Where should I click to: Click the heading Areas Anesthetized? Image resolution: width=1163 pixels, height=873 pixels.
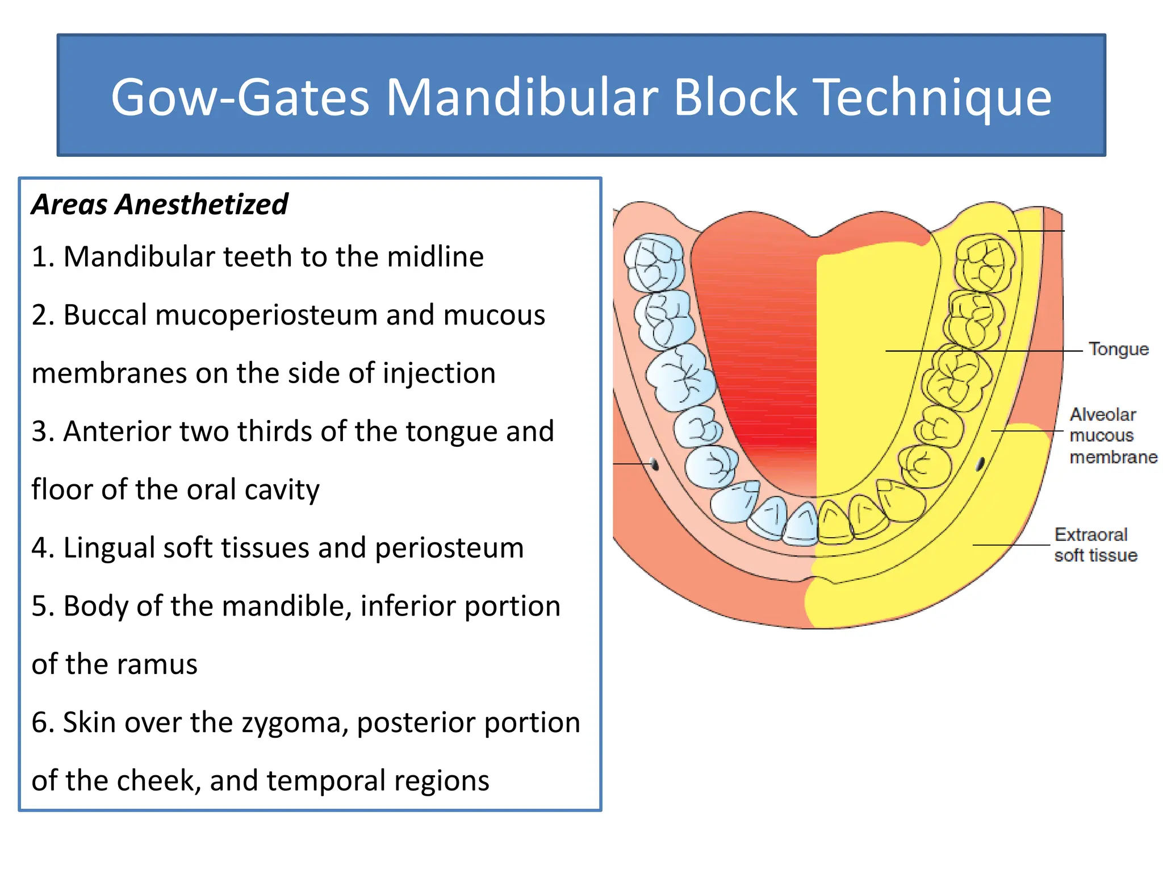point(160,204)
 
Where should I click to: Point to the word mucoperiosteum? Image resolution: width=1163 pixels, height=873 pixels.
point(266,315)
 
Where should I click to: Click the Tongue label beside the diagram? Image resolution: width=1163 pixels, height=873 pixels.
point(1118,349)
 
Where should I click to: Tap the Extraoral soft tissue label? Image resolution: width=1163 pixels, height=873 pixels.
point(1095,544)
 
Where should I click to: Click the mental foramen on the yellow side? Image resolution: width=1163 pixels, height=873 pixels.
point(980,464)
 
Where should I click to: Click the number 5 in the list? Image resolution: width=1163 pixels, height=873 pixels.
point(39,606)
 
